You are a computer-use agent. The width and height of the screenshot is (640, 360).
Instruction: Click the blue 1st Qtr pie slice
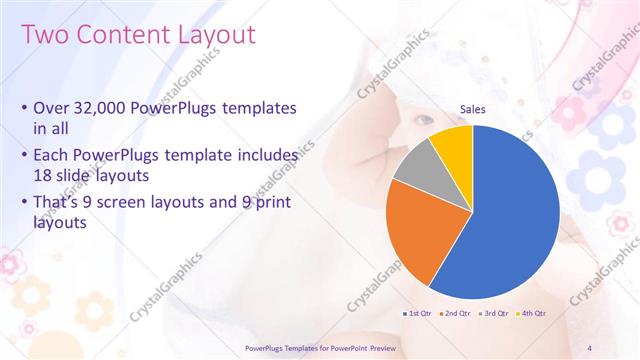pos(510,210)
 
